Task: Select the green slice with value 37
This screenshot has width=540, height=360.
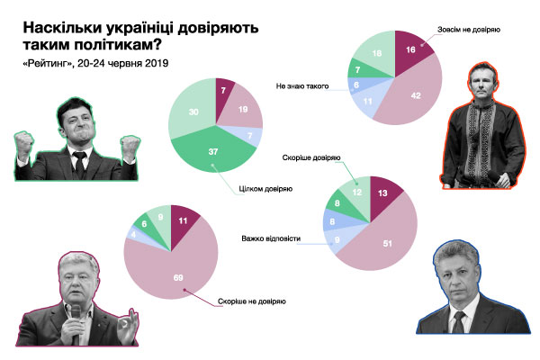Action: point(212,154)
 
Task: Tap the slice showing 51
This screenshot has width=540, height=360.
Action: point(388,244)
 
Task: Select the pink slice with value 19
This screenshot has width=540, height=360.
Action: point(243,109)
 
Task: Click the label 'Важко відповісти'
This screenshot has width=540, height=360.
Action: point(270,239)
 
